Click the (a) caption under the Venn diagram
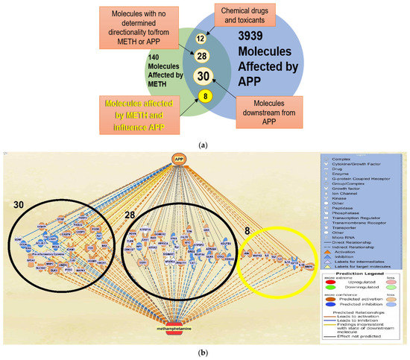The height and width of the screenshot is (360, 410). click(205, 137)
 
